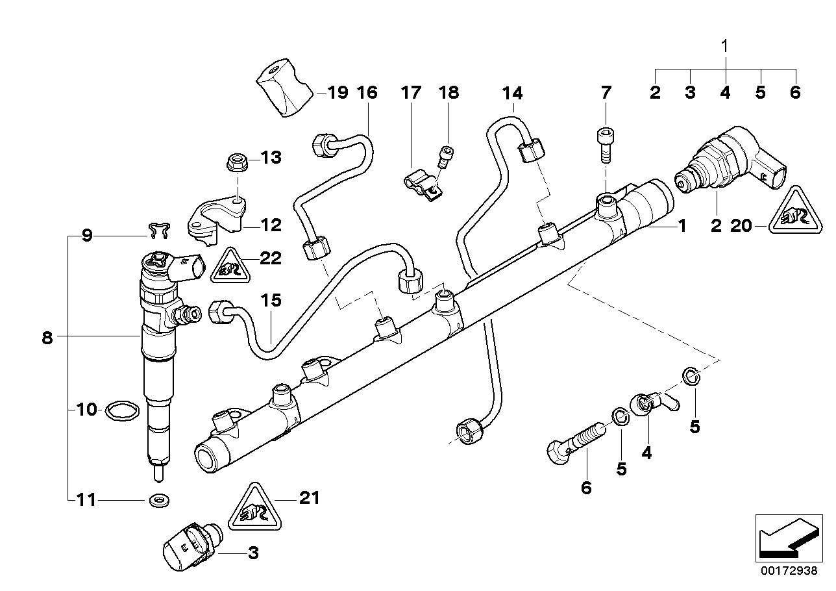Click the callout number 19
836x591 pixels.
point(337,92)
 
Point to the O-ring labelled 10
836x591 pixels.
point(121,410)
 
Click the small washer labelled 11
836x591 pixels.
point(156,500)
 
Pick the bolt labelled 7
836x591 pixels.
point(604,144)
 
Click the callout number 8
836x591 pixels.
point(47,338)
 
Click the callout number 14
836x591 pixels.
point(512,92)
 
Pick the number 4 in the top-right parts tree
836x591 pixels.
point(725,93)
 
